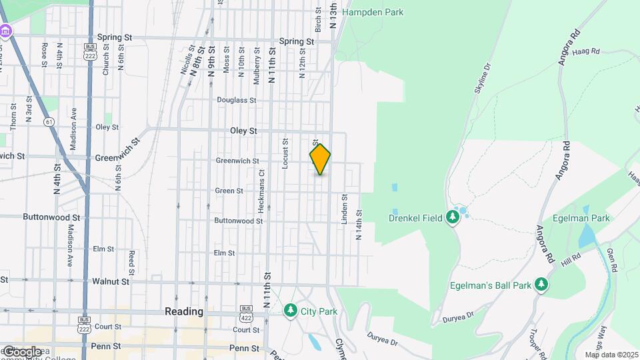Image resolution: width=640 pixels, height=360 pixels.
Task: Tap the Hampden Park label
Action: click(x=373, y=12)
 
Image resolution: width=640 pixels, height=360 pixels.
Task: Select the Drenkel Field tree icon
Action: click(x=453, y=217)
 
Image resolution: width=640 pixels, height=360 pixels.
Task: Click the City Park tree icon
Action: click(x=290, y=311)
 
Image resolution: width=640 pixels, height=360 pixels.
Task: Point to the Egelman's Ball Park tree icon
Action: click(x=542, y=285)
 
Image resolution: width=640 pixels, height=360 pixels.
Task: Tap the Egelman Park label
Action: click(x=581, y=218)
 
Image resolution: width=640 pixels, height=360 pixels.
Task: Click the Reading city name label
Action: click(x=183, y=311)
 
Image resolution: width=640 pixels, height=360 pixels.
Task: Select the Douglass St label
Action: click(x=237, y=100)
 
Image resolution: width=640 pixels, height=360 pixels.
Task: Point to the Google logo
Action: click(x=21, y=351)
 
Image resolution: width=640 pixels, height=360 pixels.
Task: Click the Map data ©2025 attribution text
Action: click(x=612, y=355)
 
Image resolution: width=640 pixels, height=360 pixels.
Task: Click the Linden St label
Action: click(x=345, y=209)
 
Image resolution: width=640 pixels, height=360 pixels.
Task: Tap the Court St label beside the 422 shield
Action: click(x=246, y=329)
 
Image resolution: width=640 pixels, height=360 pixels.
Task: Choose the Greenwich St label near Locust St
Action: click(x=237, y=161)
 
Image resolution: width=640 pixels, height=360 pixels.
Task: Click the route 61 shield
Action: click(x=49, y=122)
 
